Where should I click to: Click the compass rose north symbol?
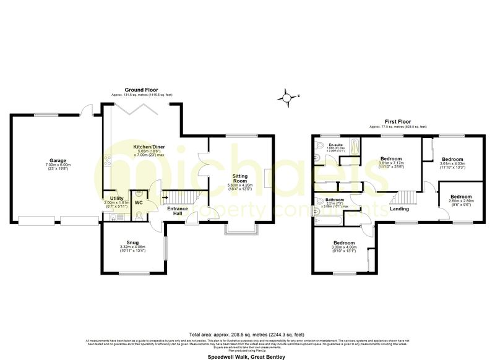(288, 96)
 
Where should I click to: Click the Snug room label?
(132, 242)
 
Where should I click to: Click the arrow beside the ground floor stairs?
(165, 198)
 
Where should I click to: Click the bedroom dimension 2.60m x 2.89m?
(461, 201)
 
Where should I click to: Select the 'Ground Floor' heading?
(142, 90)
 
